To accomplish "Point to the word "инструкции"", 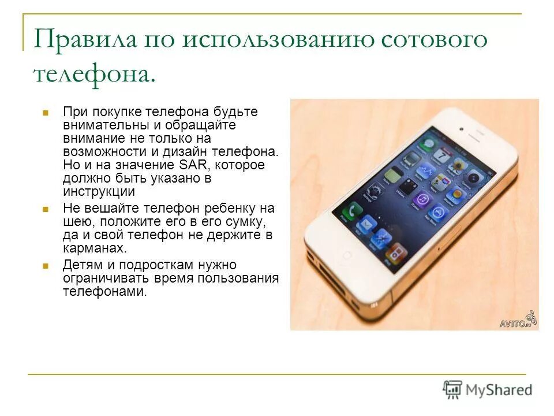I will [x=99, y=192].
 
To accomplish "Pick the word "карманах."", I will [x=94, y=248].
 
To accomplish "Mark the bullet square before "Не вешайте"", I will [x=45, y=209].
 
